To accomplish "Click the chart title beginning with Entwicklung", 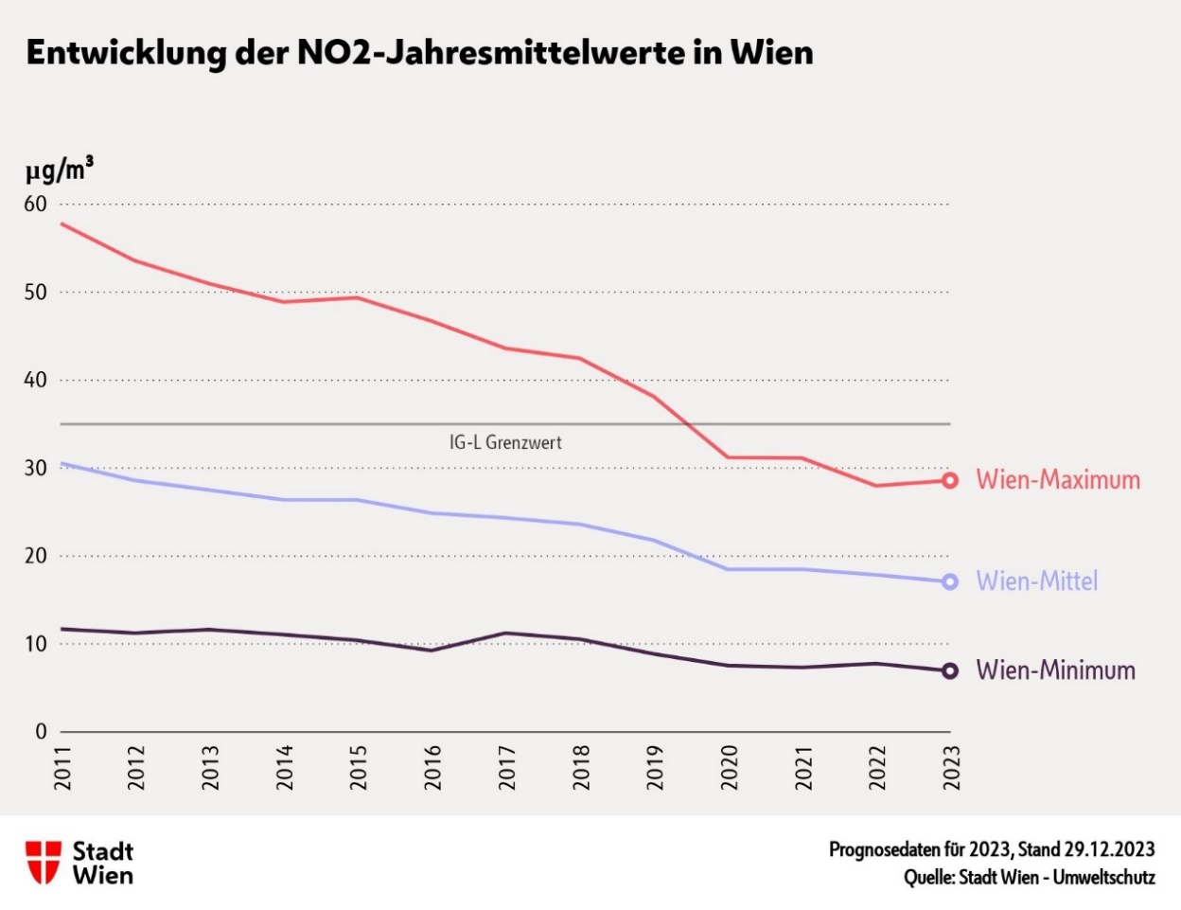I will click(x=419, y=53).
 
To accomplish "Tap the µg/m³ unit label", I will click(x=59, y=170).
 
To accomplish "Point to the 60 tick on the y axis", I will click(x=36, y=205).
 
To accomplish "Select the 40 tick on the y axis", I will click(x=36, y=381).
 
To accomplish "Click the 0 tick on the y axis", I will click(x=41, y=732).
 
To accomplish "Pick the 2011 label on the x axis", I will click(x=63, y=767).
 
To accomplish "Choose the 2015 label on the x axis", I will click(x=359, y=767).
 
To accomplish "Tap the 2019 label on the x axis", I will click(x=655, y=767).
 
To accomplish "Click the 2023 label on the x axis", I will click(x=950, y=767).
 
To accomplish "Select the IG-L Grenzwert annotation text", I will click(x=505, y=442).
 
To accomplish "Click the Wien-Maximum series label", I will click(x=1058, y=480).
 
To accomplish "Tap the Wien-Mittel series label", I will click(x=1037, y=581).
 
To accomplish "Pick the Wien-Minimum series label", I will click(x=1055, y=670).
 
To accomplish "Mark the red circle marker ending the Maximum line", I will click(x=950, y=481).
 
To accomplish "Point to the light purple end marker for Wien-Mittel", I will click(x=950, y=582).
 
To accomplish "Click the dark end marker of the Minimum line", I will click(x=950, y=671).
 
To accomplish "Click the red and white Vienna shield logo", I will click(x=44, y=863).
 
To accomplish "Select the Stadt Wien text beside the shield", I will click(x=103, y=863).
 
